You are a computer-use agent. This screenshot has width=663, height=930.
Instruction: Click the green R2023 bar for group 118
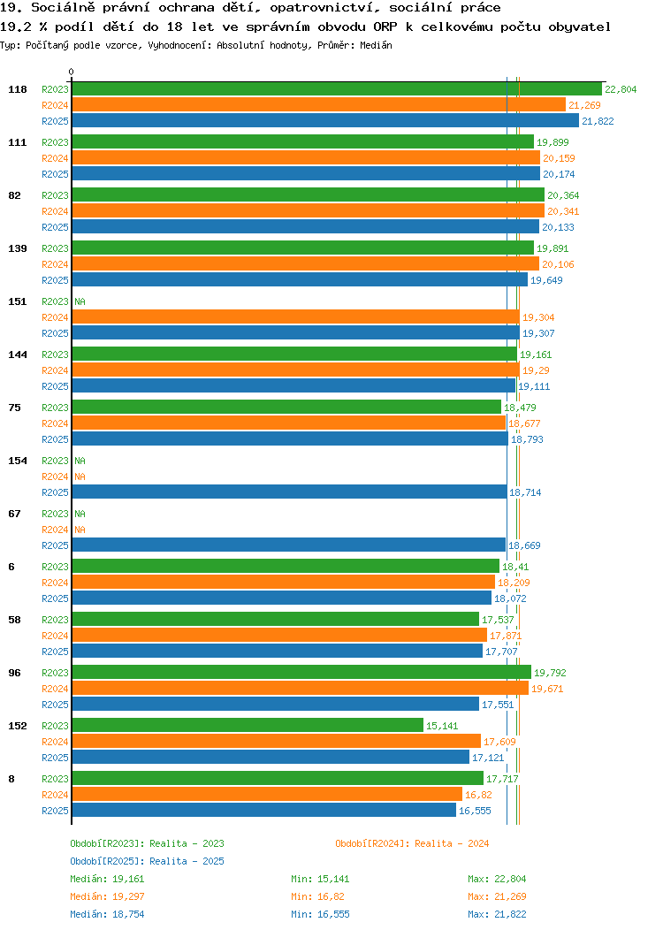[x=337, y=89]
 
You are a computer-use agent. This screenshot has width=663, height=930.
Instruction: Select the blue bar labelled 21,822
[x=325, y=120]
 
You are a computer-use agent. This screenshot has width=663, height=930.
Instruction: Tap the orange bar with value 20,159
[x=306, y=157]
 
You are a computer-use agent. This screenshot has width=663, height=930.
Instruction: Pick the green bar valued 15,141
[x=248, y=726]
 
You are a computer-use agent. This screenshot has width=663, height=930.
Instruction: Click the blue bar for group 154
[x=289, y=492]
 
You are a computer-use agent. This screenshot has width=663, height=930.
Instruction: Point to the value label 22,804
[x=621, y=89]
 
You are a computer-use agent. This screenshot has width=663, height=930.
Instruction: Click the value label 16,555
[x=475, y=811]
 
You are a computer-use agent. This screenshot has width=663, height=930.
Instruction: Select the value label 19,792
[x=550, y=673]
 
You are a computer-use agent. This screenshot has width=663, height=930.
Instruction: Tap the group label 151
[x=17, y=301]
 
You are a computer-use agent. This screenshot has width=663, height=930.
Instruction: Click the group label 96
[x=14, y=673]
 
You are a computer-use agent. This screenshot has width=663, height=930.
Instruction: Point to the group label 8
[x=11, y=779]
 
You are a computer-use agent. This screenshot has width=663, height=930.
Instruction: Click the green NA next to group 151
[x=80, y=301]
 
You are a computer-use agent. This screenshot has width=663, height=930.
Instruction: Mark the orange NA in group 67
[x=80, y=530]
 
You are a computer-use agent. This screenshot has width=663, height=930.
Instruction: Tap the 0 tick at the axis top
[x=72, y=72]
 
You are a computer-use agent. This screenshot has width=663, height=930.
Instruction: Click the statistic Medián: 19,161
[x=107, y=879]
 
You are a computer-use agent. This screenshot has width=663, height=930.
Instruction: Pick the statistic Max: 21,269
[x=497, y=896]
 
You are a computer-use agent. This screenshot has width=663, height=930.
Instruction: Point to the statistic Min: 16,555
[x=320, y=915]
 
